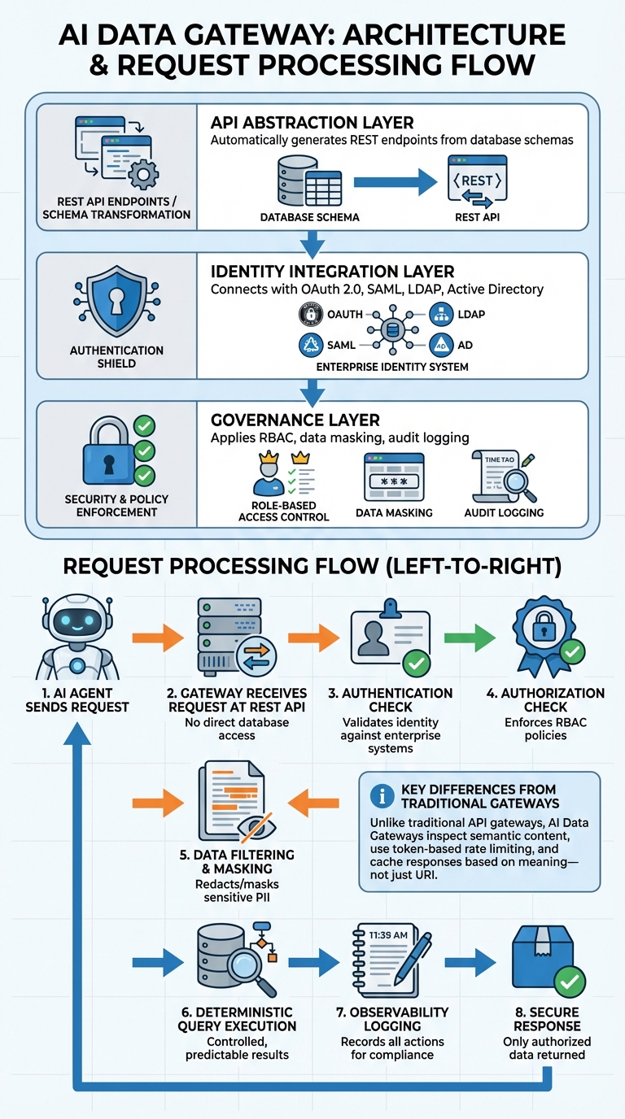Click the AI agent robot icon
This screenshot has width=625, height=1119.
(77, 639)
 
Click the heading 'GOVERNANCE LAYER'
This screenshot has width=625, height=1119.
(295, 420)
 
